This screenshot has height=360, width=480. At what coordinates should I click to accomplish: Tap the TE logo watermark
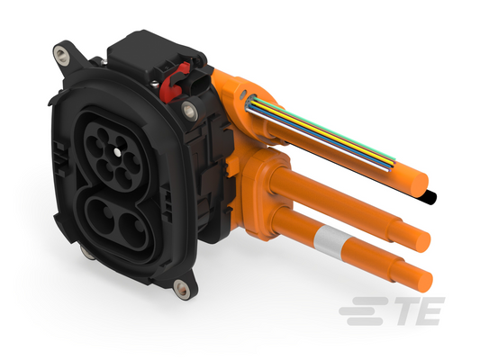[x=392, y=310]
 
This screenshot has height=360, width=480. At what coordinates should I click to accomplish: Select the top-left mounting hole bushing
[x=62, y=56]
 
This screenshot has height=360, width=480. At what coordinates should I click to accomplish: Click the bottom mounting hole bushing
[x=182, y=288]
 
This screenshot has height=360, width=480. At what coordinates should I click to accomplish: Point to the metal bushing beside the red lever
[x=190, y=111]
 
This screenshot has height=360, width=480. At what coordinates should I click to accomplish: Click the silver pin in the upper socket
[x=117, y=152]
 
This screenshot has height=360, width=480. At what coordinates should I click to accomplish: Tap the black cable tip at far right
[x=430, y=197]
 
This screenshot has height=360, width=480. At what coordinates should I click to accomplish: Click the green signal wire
[x=324, y=129]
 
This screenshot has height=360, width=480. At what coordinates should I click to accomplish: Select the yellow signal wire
[x=322, y=131]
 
